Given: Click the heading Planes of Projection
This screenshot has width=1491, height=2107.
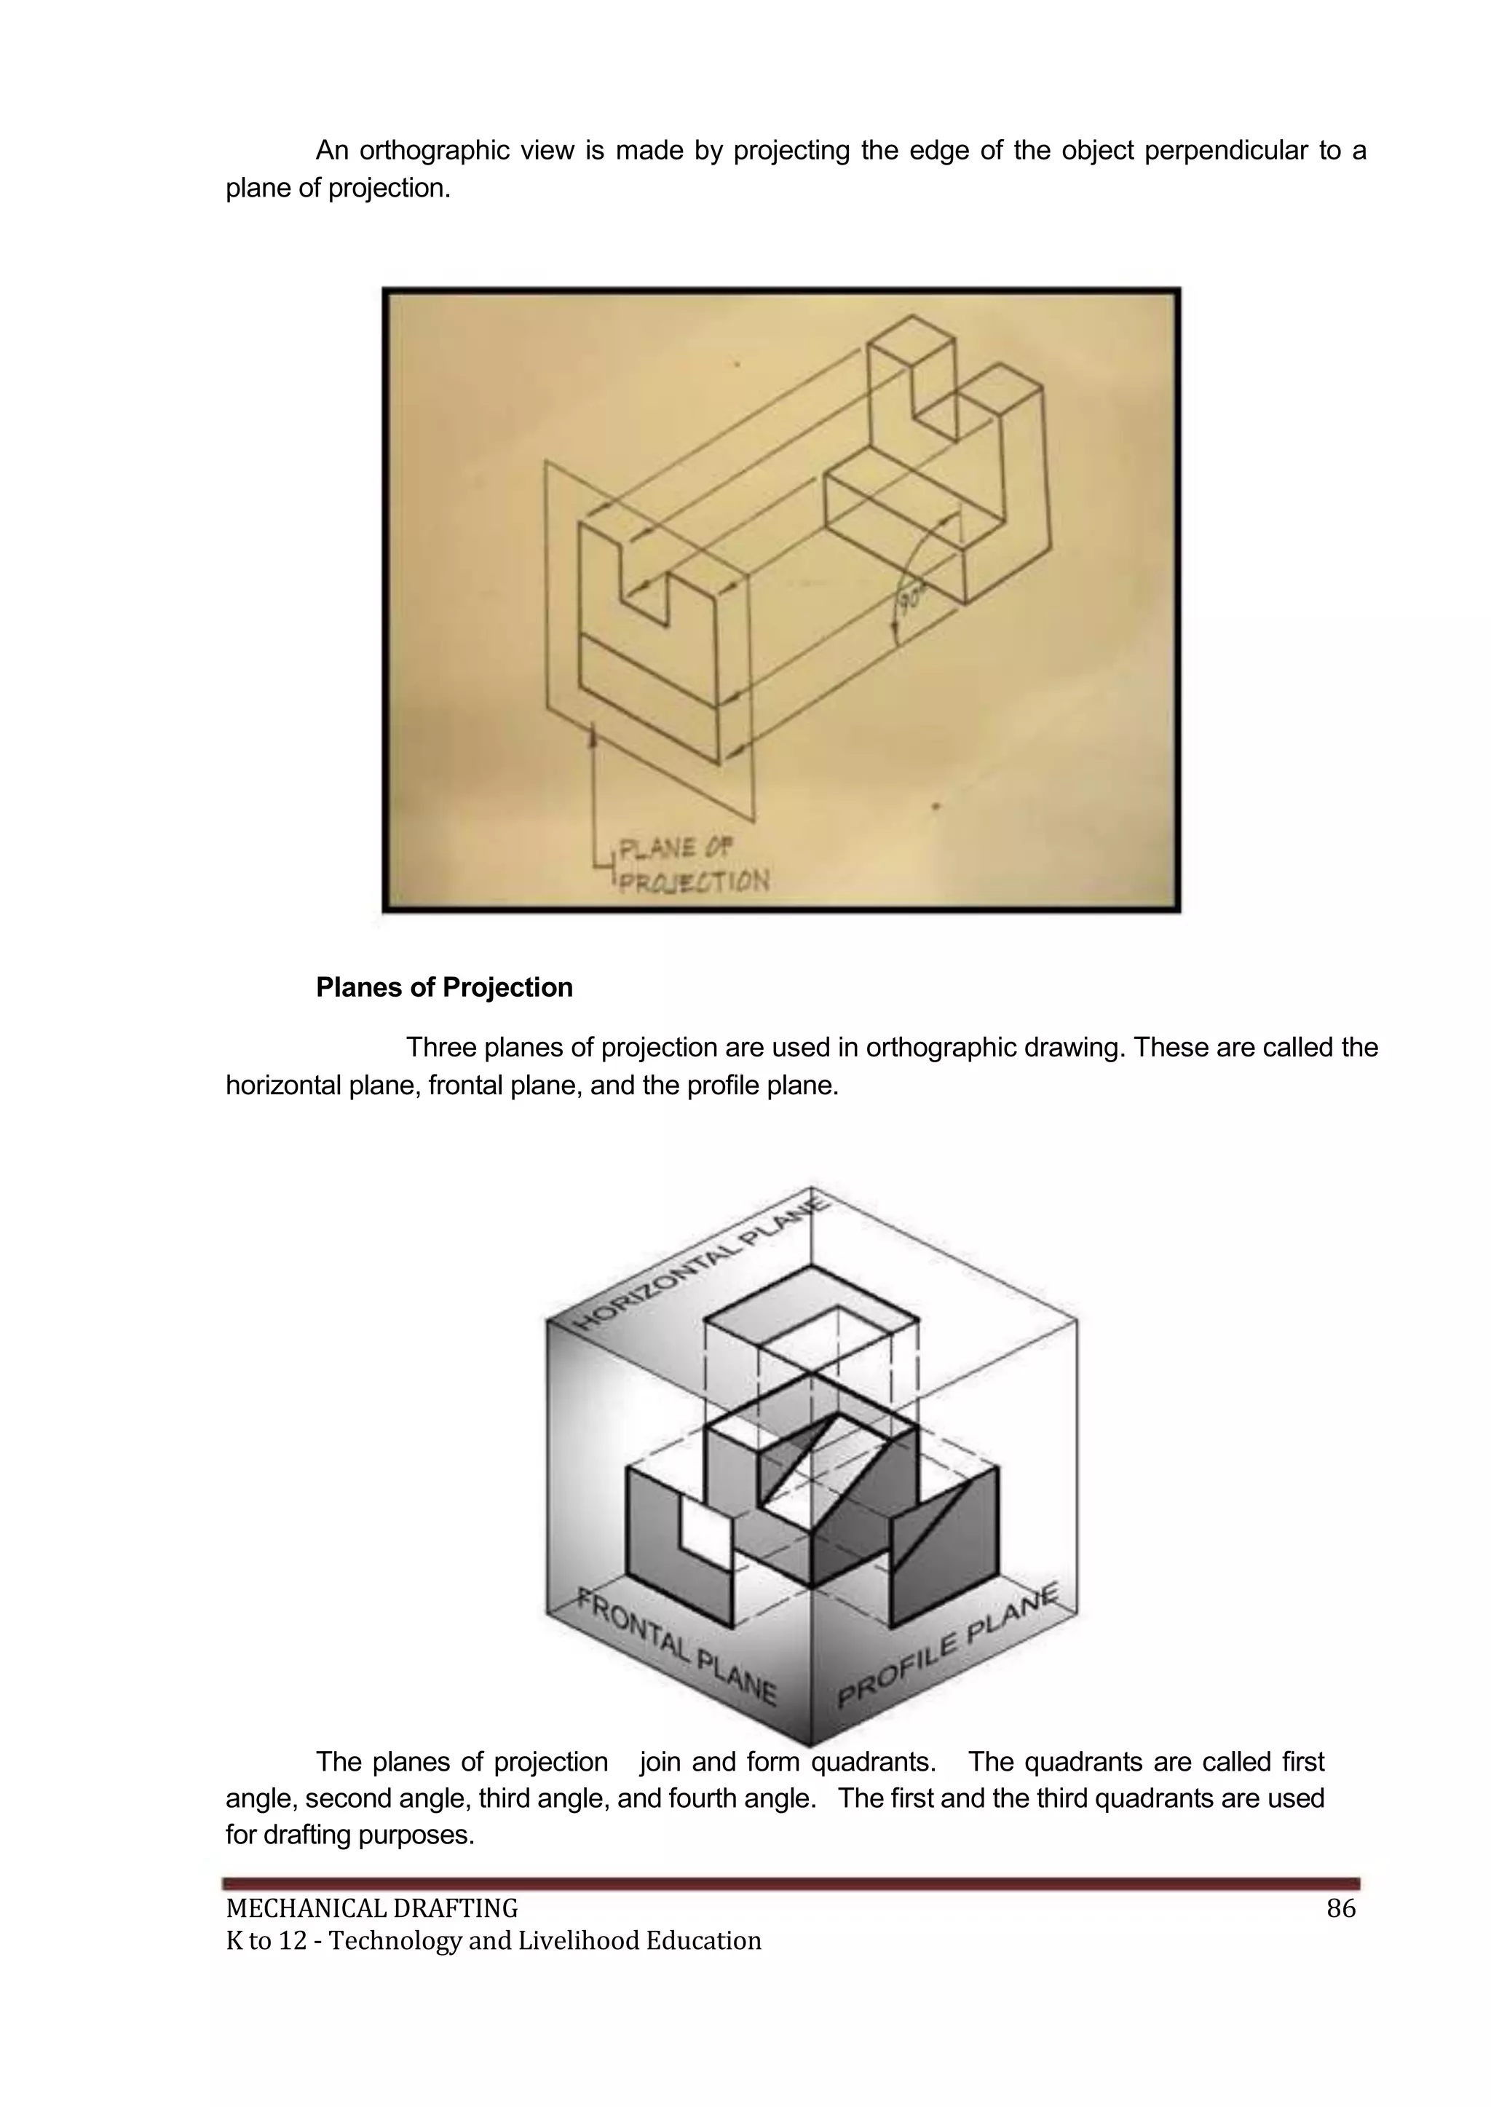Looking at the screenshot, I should [x=443, y=988].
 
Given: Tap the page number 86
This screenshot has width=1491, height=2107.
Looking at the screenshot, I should [x=1340, y=1909].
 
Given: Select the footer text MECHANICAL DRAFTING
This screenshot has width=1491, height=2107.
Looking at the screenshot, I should [x=372, y=1910].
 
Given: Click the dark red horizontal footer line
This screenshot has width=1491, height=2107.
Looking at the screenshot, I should [x=791, y=1883].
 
